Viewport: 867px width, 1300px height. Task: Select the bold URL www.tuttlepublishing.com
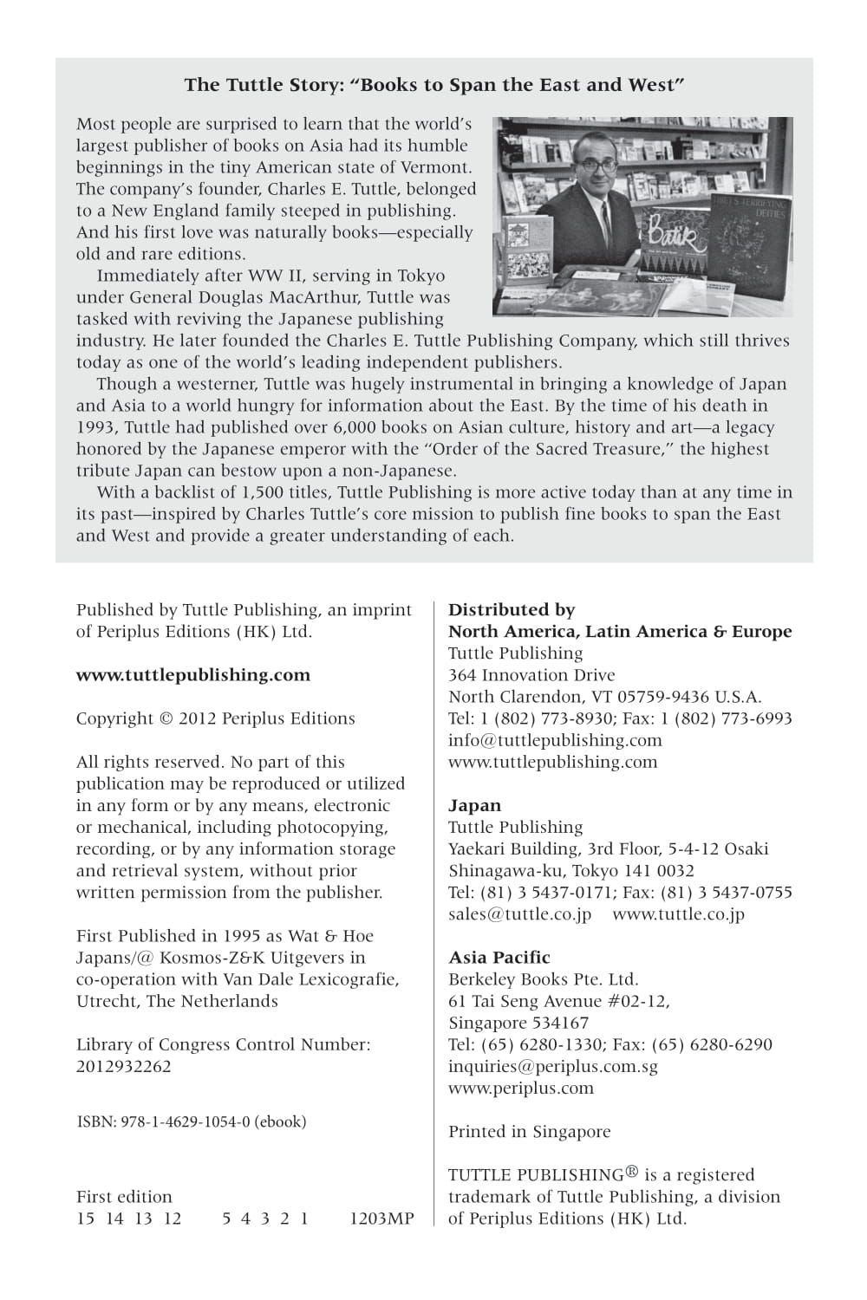(x=192, y=675)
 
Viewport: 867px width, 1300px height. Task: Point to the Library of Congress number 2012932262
(x=124, y=1066)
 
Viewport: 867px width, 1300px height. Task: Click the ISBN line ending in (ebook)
(x=192, y=1121)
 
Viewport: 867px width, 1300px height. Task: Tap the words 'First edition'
(x=124, y=1196)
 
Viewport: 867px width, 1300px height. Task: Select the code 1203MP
(x=381, y=1218)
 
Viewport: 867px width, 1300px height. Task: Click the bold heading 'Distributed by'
(x=512, y=609)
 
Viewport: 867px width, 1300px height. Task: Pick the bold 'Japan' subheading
(x=474, y=805)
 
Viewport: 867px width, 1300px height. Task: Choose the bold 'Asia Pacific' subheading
(x=499, y=958)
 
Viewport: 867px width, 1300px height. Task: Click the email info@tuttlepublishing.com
(x=555, y=740)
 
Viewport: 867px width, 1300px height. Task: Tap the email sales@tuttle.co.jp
(x=519, y=913)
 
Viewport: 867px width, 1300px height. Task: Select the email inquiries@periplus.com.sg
(x=553, y=1066)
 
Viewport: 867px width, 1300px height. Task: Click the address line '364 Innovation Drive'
(x=531, y=675)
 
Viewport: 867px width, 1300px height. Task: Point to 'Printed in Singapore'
(x=529, y=1131)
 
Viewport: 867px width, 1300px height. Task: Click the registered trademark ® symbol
(x=631, y=1172)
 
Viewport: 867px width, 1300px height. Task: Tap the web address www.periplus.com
(x=521, y=1088)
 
